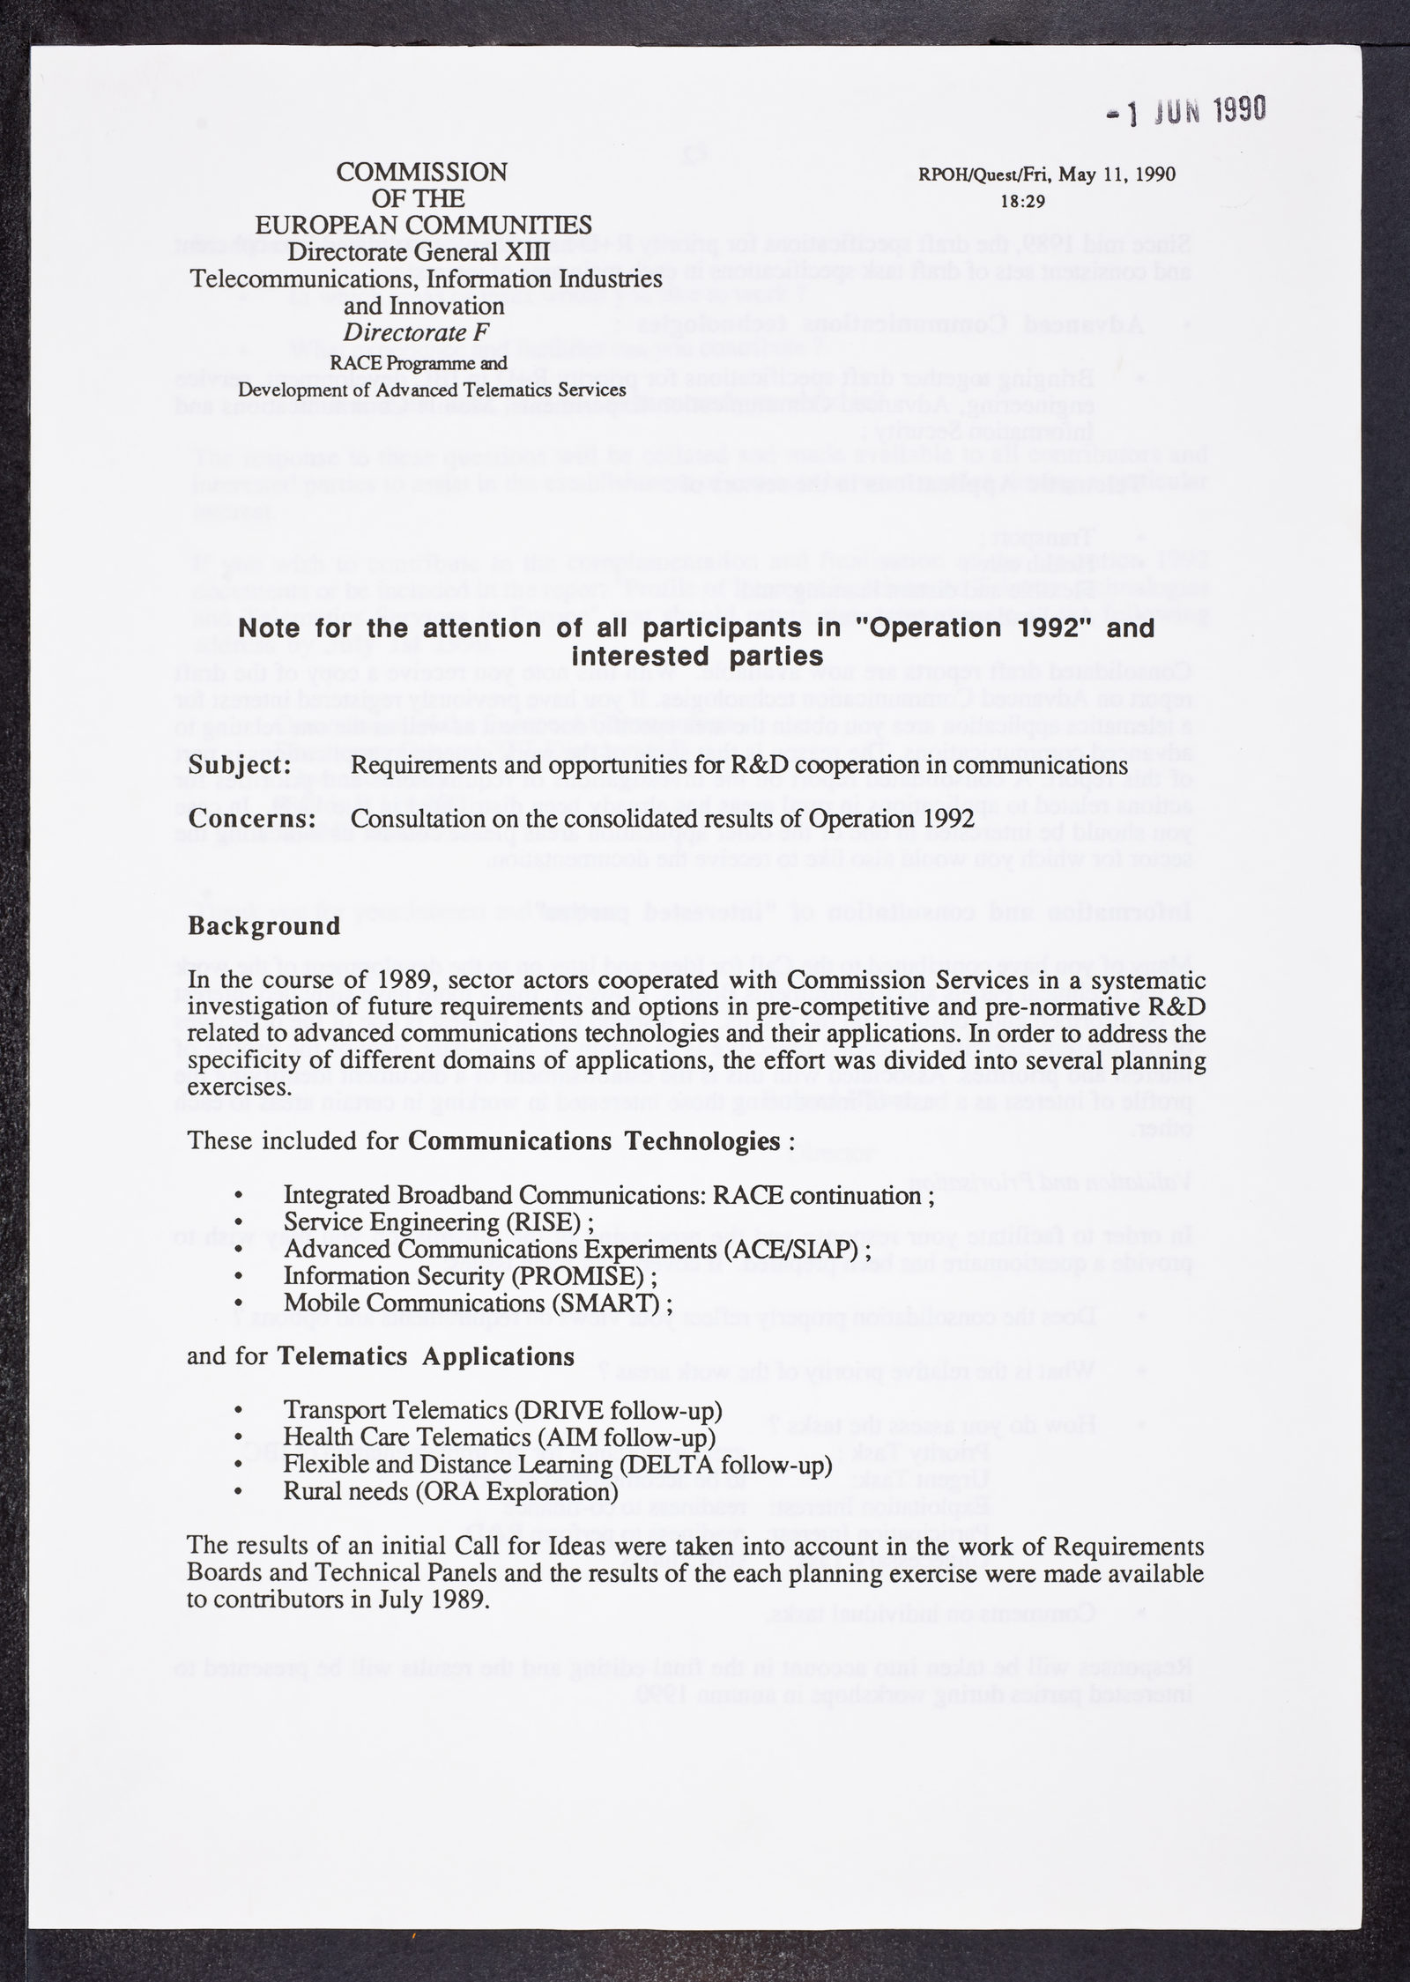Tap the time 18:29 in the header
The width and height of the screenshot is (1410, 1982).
pos(1022,201)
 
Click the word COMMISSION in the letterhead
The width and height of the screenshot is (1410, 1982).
pos(422,172)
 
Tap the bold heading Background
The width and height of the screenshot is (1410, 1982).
pos(263,926)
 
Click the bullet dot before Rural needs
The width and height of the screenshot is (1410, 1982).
pos(239,1492)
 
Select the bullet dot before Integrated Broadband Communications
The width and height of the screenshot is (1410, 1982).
pos(239,1196)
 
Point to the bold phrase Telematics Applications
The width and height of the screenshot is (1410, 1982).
pos(426,1355)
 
